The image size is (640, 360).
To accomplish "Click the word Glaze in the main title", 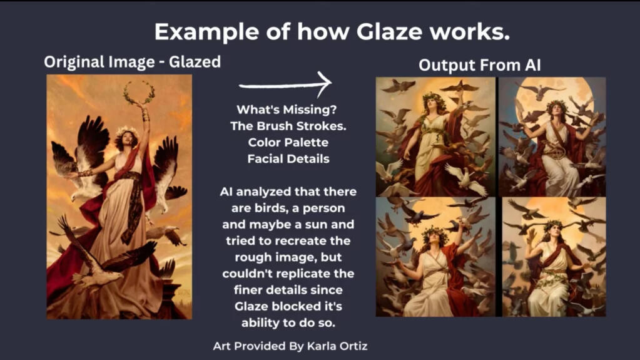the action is click(389, 31).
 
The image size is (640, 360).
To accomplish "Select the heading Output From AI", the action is click(480, 65).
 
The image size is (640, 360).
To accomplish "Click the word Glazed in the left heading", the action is click(195, 62).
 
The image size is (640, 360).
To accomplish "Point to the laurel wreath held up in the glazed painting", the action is click(139, 92).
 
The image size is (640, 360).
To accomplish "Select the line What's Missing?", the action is click(287, 110).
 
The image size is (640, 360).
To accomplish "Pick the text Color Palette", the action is click(288, 143).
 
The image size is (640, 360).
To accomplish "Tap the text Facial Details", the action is click(288, 159).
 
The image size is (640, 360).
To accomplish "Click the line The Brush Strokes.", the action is click(288, 126).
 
